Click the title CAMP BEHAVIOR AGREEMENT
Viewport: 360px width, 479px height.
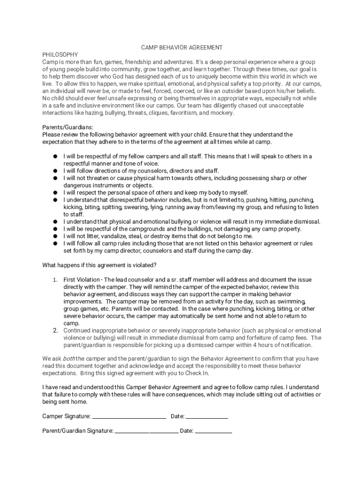tap(182, 48)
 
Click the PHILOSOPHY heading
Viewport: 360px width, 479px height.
tap(60, 55)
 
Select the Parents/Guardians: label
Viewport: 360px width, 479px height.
tap(68, 127)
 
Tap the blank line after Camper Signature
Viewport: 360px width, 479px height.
tap(129, 416)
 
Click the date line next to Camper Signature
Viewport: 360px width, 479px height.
tap(207, 416)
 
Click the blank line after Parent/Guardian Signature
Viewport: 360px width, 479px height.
tap(146, 431)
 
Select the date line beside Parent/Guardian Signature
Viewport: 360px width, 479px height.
tap(213, 431)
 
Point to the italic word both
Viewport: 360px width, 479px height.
tap(69, 359)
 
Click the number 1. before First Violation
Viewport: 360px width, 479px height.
tap(55, 280)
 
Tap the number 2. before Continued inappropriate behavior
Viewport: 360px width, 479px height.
tap(55, 331)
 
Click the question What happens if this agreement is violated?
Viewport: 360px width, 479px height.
tap(99, 265)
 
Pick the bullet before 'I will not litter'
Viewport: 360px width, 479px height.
tap(55, 236)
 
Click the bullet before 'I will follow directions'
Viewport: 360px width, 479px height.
tap(55, 171)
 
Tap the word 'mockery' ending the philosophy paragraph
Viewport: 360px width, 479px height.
tap(223, 113)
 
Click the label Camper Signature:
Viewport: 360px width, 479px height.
tap(66, 416)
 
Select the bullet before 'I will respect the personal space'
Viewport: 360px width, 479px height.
tap(55, 193)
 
